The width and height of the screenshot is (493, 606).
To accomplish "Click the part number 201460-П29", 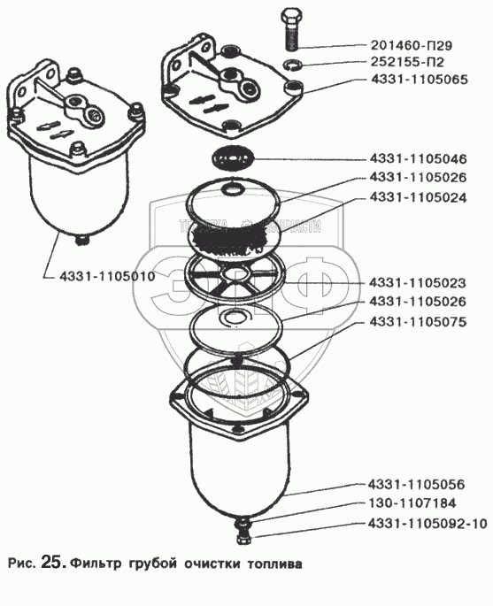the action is click(412, 46).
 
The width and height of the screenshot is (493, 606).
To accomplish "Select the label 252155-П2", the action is click(407, 62).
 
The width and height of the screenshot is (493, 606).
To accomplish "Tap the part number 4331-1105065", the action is click(420, 80).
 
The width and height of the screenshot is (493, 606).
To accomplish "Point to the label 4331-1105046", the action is click(418, 159).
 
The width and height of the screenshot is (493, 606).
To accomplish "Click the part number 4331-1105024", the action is click(418, 197).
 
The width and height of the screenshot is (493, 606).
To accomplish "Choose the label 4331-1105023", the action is click(418, 283).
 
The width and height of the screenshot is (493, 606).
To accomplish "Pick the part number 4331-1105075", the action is click(418, 321).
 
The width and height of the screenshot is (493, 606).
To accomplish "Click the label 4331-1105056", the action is click(416, 485).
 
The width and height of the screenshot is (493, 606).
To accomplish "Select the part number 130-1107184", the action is click(412, 503).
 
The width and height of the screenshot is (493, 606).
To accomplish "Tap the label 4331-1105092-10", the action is click(427, 524).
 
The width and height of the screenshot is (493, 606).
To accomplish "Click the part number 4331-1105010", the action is click(107, 276).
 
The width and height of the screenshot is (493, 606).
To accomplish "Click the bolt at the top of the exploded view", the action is click(292, 30).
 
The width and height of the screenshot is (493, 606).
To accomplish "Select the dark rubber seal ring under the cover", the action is click(232, 159).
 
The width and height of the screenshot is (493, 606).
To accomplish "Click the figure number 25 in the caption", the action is click(51, 562).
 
